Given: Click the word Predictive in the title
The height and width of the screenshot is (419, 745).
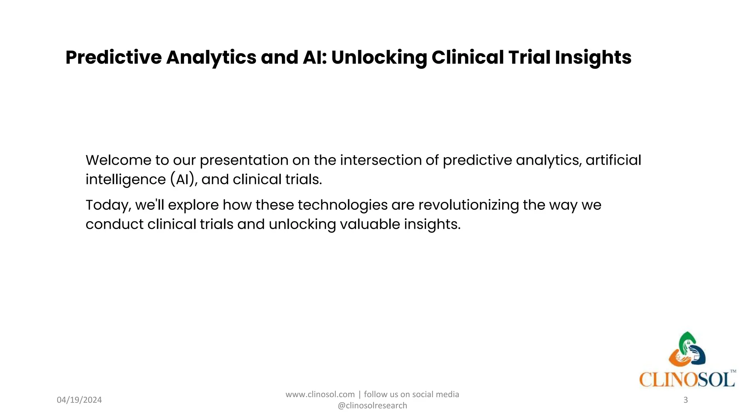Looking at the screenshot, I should point(113,57).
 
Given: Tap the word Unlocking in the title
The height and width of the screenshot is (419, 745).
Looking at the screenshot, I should point(379,57).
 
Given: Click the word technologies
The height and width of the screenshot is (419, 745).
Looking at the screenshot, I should point(342,205).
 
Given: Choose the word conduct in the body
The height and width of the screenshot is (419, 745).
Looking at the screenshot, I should point(115,224).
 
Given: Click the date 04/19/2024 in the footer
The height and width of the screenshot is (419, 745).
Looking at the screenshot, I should point(79,400).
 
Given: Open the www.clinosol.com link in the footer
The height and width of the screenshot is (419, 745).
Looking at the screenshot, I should point(320,395).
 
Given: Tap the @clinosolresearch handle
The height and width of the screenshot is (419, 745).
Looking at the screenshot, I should point(372,406).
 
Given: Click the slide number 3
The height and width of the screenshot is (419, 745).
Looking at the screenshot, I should point(685,400).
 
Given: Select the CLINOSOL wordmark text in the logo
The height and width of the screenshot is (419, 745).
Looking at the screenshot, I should point(686,380).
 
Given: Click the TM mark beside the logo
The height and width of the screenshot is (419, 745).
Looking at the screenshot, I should point(733,371).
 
